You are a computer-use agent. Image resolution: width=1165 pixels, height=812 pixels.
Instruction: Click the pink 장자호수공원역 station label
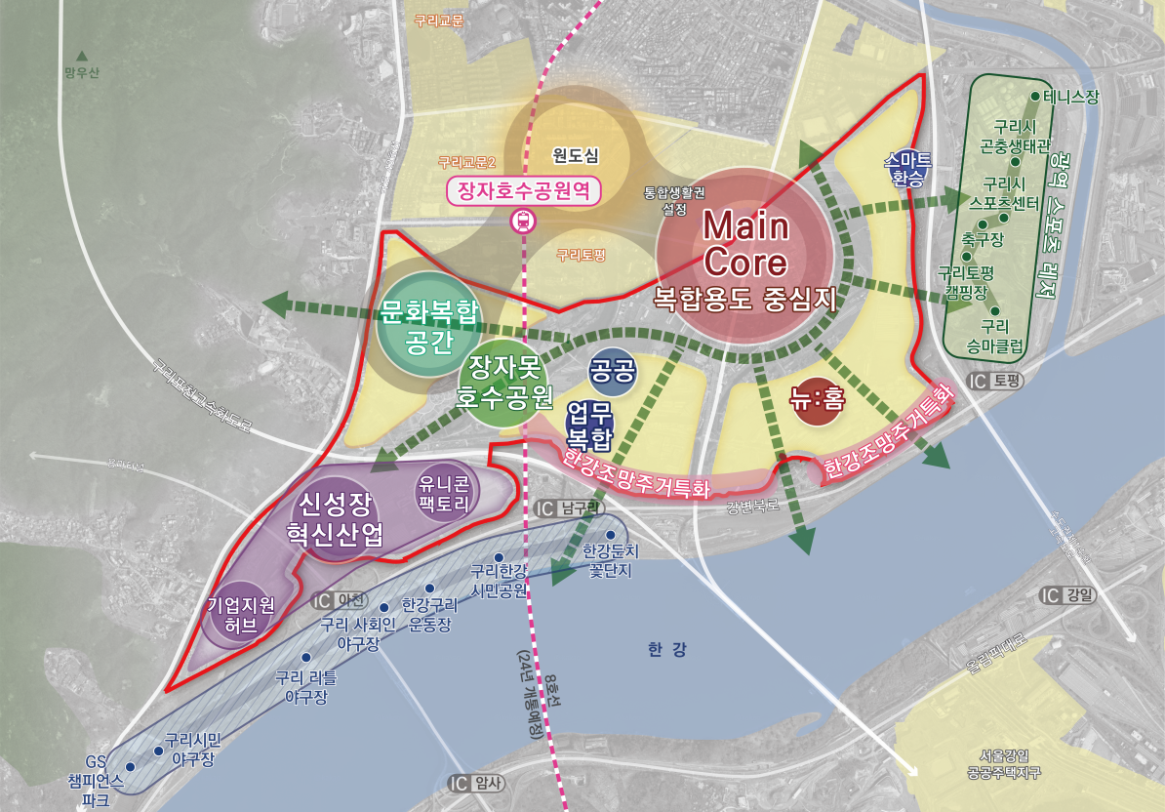tap(524, 189)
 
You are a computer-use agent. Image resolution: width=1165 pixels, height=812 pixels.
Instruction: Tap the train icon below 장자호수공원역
tap(525, 221)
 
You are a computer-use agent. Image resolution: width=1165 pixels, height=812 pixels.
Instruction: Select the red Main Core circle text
tap(745, 244)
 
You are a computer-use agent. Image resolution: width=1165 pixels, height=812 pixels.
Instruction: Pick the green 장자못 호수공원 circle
tap(505, 383)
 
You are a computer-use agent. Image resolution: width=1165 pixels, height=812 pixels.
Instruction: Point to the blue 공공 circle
tap(613, 370)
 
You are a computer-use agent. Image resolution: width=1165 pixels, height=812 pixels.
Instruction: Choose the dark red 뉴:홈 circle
tap(818, 398)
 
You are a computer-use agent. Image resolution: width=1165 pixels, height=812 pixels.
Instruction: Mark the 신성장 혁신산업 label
tap(335, 519)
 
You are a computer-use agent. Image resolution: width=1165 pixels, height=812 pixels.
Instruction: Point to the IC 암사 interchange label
tap(478, 783)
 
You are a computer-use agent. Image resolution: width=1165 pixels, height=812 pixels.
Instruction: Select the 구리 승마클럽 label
tap(994, 335)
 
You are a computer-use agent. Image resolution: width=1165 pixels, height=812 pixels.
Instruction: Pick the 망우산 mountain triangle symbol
tap(82, 56)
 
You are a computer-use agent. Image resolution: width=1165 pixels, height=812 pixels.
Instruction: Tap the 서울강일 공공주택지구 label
tap(1004, 763)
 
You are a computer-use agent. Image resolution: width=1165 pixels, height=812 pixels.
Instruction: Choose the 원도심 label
tap(575, 154)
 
